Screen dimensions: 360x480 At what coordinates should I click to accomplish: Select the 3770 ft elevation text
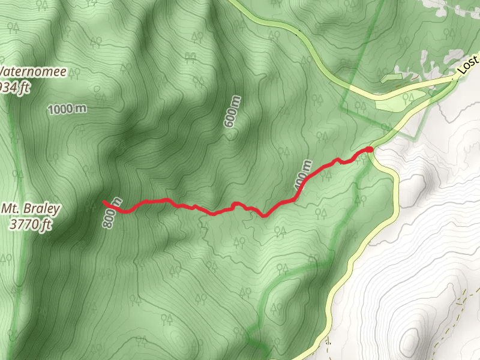point(31,226)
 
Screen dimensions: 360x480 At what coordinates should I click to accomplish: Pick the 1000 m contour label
point(67,109)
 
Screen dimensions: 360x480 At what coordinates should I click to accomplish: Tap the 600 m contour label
point(232,112)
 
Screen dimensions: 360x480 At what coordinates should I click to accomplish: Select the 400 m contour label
point(304,178)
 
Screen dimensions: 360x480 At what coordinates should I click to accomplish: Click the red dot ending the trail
point(369,149)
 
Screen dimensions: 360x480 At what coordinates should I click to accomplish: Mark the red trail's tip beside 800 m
point(104,202)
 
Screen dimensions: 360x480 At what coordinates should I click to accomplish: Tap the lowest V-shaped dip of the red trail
point(264,216)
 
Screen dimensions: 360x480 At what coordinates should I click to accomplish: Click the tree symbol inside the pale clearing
point(410,98)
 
